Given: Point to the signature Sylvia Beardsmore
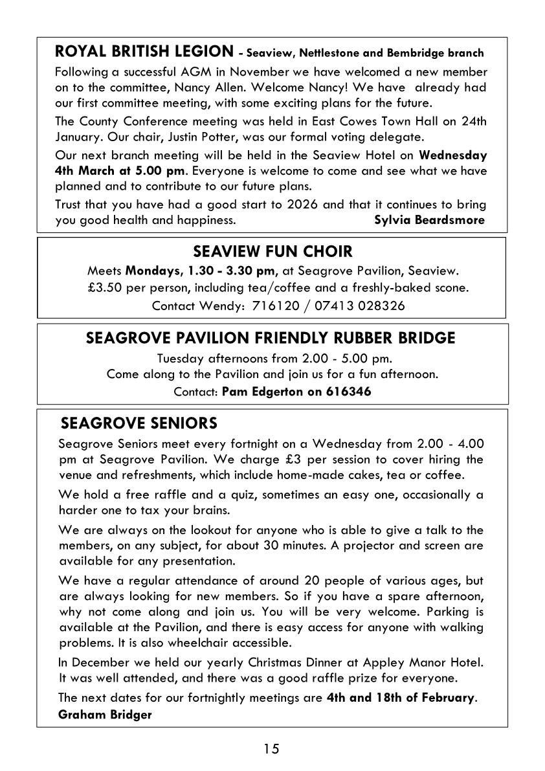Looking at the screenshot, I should coord(429,220).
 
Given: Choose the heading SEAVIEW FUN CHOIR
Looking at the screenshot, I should coord(272,251).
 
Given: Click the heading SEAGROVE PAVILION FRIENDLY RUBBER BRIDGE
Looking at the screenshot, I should coord(271,338).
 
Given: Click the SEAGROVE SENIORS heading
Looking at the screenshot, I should coord(139,423).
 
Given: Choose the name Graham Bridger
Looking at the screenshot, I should coord(104,714).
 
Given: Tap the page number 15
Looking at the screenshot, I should coord(272,749).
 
